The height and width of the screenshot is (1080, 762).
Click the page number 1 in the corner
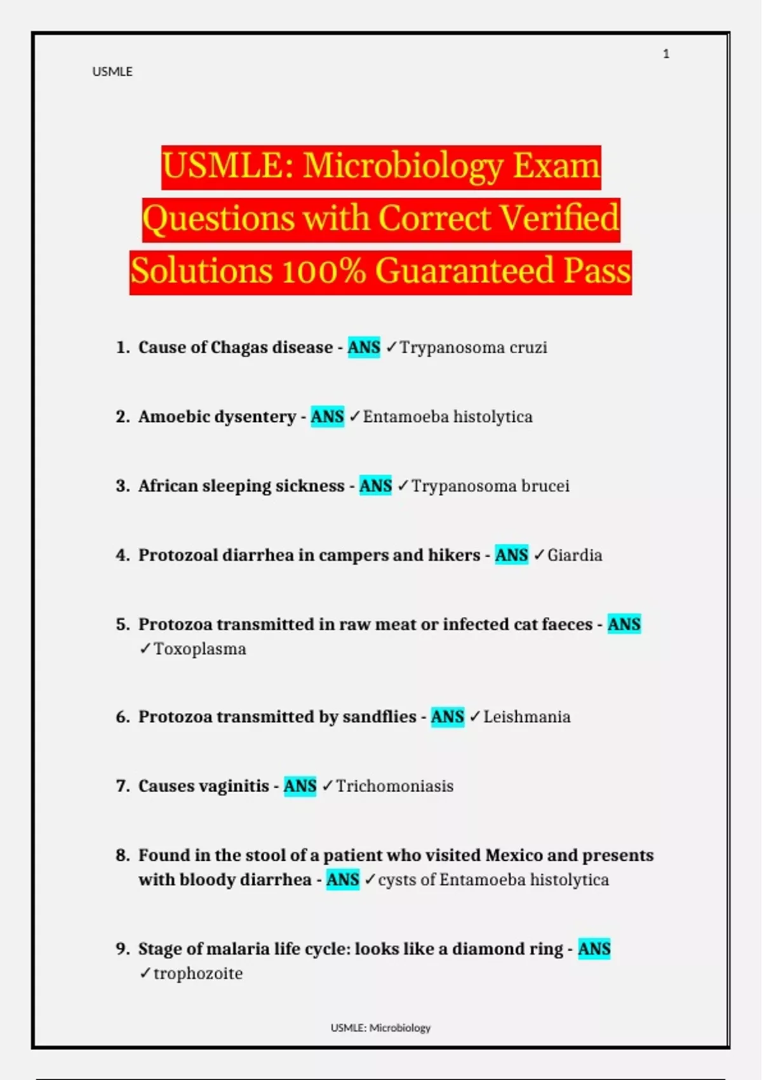(666, 54)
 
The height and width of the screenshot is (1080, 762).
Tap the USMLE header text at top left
(112, 72)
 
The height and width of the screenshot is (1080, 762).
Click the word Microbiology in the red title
(403, 166)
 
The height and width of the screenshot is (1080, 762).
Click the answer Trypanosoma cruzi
(473, 348)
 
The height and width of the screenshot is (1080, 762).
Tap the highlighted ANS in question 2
(327, 417)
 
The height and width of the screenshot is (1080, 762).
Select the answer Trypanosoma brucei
(490, 486)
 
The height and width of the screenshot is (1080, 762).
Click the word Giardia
(575, 555)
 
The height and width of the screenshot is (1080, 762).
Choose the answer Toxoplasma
(200, 649)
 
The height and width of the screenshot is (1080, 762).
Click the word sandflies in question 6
(379, 717)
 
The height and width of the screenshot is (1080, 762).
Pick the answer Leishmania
(527, 717)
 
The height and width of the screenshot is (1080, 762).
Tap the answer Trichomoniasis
(394, 786)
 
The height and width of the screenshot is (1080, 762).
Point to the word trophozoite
(198, 973)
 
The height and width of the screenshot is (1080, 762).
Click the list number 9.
(123, 949)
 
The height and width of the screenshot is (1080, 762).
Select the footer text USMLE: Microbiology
(380, 1028)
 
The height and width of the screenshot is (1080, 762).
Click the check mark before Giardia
(539, 555)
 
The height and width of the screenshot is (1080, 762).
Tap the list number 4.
(123, 555)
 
